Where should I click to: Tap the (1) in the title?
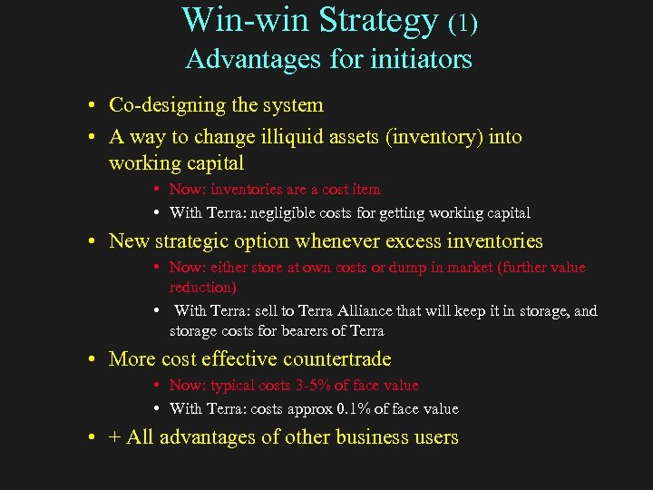(x=462, y=23)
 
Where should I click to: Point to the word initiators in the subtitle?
(x=426, y=60)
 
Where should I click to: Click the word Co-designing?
(x=165, y=105)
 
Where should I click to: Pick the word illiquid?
(x=263, y=137)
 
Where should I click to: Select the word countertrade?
(x=340, y=359)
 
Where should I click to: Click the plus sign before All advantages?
(x=114, y=437)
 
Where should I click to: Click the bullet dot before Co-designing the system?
(x=93, y=106)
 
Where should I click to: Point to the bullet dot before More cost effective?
(x=93, y=360)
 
